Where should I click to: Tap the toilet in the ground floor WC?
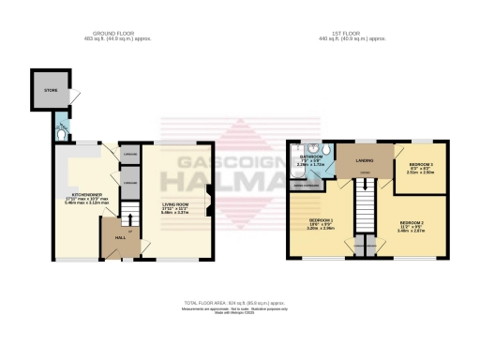point(61,133)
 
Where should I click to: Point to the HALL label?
point(120,238)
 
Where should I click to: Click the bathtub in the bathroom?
point(298,162)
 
